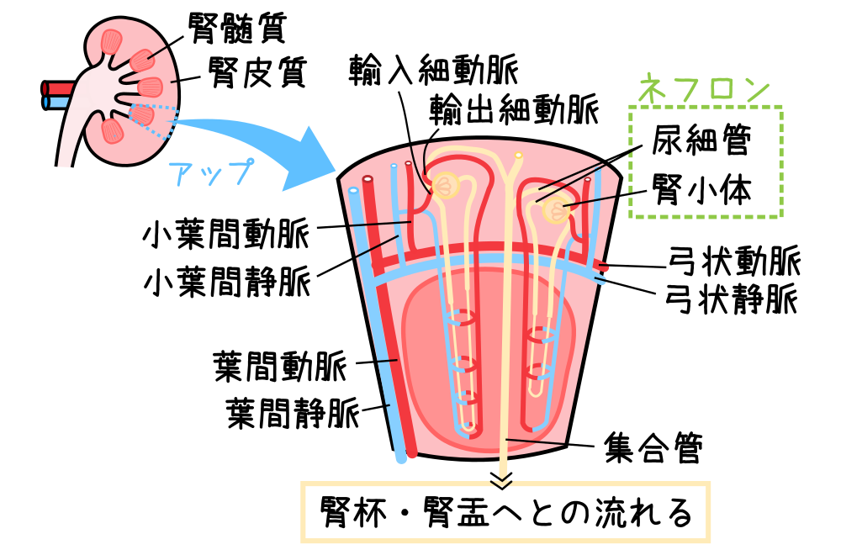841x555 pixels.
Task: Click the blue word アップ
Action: click(210, 171)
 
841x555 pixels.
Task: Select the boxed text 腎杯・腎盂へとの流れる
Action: click(505, 511)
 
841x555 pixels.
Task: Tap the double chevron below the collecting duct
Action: click(502, 481)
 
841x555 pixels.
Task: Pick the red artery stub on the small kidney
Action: click(56, 87)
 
